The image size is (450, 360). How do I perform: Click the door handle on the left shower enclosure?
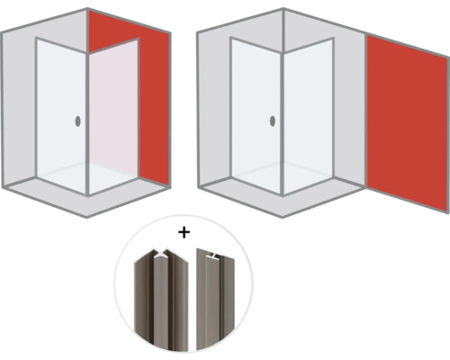(x=78, y=121)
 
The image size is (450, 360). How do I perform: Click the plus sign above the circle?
(x=184, y=231)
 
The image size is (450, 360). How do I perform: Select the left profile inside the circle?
(x=152, y=296)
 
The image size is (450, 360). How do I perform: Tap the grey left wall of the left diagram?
(x=18, y=108)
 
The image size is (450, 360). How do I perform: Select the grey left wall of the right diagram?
(x=212, y=108)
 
